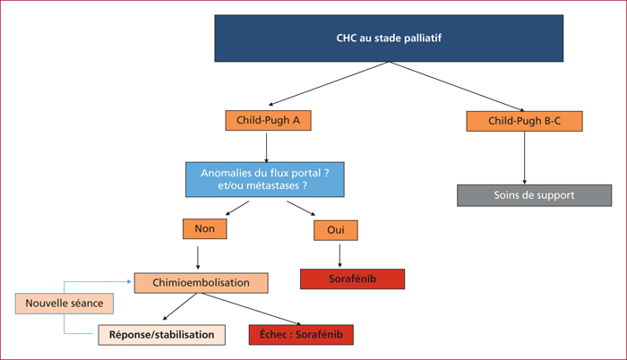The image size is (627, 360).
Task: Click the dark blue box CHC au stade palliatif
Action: coord(389,39)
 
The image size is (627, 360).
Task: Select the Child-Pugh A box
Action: coord(268,120)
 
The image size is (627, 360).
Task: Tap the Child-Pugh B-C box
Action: coord(524,121)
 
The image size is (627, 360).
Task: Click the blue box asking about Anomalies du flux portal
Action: coord(265,180)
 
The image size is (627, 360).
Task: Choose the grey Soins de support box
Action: coord(534,195)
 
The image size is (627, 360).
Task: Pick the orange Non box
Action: coord(205,228)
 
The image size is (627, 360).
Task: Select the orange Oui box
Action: coord(336,230)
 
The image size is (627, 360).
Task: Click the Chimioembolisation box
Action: coord(202,283)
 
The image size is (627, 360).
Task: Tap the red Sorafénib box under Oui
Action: coord(352,279)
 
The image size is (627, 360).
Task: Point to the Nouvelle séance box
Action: coord(64,304)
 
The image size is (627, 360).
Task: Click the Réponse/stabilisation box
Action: coord(161,335)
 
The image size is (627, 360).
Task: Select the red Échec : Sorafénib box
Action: coord(301,335)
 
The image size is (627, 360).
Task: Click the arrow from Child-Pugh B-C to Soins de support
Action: coord(524,158)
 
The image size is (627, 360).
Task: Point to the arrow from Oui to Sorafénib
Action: coord(339,255)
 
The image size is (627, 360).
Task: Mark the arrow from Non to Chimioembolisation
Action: coord(198,258)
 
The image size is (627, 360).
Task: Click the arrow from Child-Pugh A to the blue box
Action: coord(266,148)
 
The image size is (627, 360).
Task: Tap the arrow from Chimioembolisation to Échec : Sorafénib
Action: coord(251,309)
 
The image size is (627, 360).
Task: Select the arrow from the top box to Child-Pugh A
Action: coord(329,83)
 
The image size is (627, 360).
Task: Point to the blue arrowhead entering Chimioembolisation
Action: coord(129,281)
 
